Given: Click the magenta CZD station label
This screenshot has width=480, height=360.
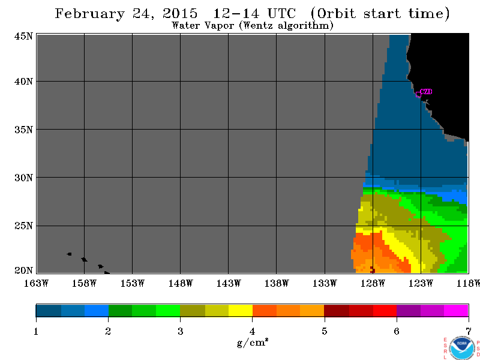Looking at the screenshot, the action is pos(426,92).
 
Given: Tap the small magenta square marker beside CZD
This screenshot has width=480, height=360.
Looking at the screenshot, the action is pos(418,95).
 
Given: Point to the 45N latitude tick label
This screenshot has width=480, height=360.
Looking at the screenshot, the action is pos(23,37).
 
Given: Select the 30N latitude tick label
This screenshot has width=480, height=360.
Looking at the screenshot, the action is pos(23,178).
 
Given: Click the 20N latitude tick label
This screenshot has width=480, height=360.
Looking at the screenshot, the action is pos(23,271).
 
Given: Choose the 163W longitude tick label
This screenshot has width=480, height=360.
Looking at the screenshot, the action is pos(36,283).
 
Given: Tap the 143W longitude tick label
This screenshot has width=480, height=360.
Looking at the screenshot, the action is pos(229,283).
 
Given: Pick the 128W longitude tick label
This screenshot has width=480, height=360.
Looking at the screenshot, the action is pos(373,283).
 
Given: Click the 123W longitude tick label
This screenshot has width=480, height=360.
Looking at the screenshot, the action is pos(421,283).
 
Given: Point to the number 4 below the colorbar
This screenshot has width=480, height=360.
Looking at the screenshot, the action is pos(252,332).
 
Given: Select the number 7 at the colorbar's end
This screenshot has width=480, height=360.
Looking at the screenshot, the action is pos(469,332).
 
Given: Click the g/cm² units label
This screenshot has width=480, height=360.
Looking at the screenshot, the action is pos(253,343).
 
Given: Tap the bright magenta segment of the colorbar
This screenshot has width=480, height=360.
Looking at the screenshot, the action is pos(456,310).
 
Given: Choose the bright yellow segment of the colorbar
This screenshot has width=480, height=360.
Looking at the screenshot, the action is pos(241,310).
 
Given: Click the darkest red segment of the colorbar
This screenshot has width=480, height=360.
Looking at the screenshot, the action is pos(337,310).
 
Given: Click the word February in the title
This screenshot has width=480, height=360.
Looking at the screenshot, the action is pos(89,14).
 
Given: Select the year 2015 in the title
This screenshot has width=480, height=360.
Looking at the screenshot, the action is pos(180,13).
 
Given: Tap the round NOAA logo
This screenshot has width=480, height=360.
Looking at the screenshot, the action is pos(462,349).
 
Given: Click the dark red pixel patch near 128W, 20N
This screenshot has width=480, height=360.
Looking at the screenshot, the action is pos(373,269).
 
